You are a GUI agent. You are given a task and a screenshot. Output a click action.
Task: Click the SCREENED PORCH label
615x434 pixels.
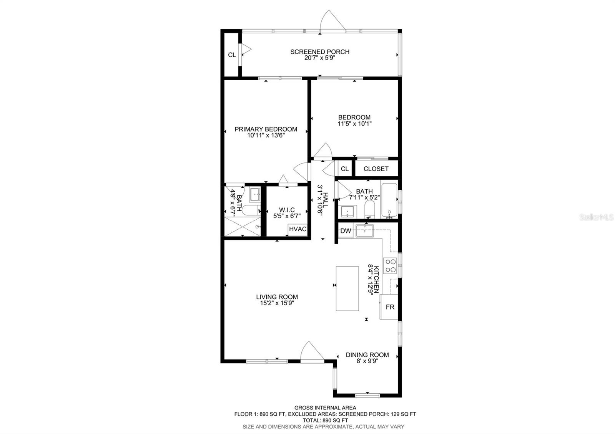[319, 52]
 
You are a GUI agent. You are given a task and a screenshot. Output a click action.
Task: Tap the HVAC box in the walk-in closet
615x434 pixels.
[298, 229]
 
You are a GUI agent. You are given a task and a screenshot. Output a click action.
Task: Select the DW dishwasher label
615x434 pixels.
[346, 231]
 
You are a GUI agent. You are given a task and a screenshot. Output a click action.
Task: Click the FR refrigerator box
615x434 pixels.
[389, 307]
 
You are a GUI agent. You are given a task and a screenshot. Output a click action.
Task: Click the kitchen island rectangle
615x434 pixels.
[347, 288]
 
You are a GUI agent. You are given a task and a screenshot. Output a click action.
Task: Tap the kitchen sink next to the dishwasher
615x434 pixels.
[364, 231]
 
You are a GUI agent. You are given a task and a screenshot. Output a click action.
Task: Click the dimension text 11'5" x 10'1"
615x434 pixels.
[354, 124]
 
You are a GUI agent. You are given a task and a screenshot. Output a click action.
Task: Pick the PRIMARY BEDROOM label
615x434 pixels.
[266, 129]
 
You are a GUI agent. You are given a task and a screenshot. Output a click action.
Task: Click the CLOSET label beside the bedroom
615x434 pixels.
[376, 169]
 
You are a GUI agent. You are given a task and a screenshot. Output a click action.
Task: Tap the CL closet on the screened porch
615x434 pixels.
[232, 55]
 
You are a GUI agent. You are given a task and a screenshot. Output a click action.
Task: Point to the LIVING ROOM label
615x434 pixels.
[277, 297]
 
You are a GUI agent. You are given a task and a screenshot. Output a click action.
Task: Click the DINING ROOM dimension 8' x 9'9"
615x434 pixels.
[367, 361]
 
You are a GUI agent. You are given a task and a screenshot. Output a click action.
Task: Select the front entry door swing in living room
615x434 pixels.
[312, 353]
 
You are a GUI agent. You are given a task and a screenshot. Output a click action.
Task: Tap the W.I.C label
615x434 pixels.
[287, 210]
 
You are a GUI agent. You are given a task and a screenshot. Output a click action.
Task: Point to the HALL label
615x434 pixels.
[326, 200]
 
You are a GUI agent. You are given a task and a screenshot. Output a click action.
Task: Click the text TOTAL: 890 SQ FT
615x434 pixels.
[325, 420]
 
